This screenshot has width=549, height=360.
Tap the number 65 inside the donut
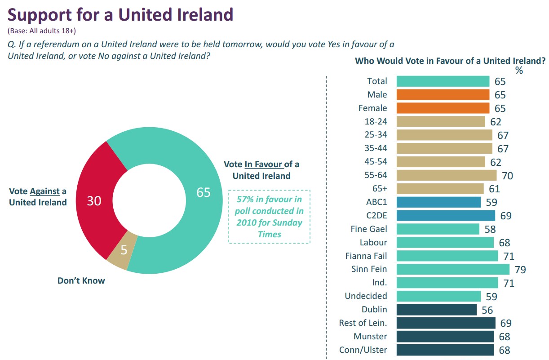pos(204,192)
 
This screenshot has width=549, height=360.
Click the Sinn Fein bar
pos(453,269)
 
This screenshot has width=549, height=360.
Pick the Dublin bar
pos(437,310)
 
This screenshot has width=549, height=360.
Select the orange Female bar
pos(443,108)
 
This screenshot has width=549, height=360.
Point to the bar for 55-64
pos(447,175)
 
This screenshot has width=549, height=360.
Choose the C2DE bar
pos(446,216)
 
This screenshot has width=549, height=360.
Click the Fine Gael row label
pos(368,229)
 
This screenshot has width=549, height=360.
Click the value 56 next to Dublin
pos(487,310)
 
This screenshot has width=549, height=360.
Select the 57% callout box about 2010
pos(269,216)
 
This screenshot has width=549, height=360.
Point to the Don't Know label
pos(81,281)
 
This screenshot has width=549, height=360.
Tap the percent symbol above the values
pos(519,70)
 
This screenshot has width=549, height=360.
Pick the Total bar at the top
pos(443,81)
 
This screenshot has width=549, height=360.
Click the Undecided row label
pos(366,296)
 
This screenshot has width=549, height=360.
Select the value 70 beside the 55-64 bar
pos(507,176)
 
